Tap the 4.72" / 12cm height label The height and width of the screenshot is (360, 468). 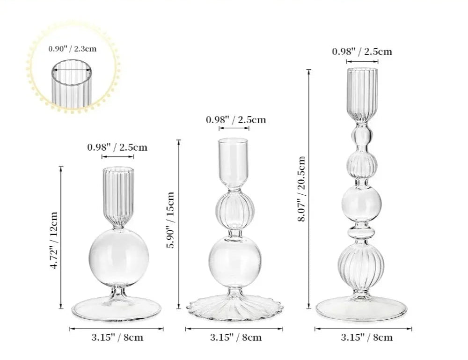coord(54,241)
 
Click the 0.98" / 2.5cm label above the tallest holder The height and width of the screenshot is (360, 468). coord(362,51)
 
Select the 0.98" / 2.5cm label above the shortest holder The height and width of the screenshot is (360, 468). coord(117,147)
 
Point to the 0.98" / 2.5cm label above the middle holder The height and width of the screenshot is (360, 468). coord(236,119)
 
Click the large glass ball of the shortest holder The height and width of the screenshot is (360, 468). coord(118,258)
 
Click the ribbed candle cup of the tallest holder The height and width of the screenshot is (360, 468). coord(362,91)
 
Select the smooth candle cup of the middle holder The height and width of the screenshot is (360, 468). coord(233,162)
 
